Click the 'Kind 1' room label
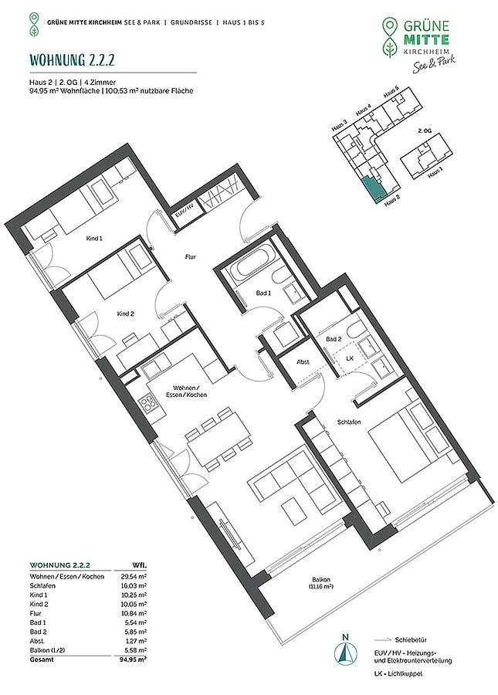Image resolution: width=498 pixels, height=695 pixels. tap(94, 239)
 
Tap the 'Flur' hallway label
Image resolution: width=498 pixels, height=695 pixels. tap(191, 256)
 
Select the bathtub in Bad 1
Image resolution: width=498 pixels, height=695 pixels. tap(252, 268)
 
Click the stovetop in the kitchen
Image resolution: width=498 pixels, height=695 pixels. tap(147, 403)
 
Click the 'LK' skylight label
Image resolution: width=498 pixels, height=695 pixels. tap(350, 358)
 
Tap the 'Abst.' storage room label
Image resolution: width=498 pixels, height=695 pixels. tap(303, 362)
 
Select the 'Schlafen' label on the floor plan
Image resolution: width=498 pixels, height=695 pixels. tap(349, 422)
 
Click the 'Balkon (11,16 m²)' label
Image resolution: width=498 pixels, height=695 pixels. tap(321, 582)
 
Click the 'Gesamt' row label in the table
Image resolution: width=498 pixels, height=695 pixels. tap(42, 659)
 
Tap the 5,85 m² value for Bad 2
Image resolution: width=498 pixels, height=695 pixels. tap(135, 632)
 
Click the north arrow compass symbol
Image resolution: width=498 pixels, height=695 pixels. tap(346, 654)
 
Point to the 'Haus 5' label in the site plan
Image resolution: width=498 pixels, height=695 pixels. tap(391, 93)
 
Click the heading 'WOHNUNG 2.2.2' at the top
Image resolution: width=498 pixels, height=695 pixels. tap(72, 59)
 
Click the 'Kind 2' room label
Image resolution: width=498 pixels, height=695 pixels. tap(125, 314)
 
